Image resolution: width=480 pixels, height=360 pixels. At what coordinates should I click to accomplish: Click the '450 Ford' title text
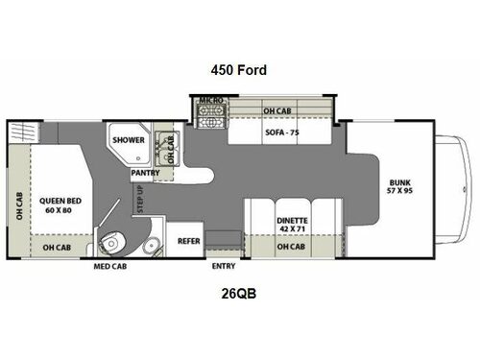[239, 69]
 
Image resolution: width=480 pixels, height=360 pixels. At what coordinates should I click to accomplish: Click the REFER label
[186, 242]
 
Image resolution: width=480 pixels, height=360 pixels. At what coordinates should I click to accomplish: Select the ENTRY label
[223, 266]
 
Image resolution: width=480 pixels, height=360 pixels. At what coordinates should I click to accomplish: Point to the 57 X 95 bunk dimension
[396, 192]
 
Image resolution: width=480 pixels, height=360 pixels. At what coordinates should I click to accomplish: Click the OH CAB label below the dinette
[291, 247]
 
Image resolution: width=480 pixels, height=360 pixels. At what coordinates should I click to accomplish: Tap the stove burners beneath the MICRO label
[209, 121]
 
